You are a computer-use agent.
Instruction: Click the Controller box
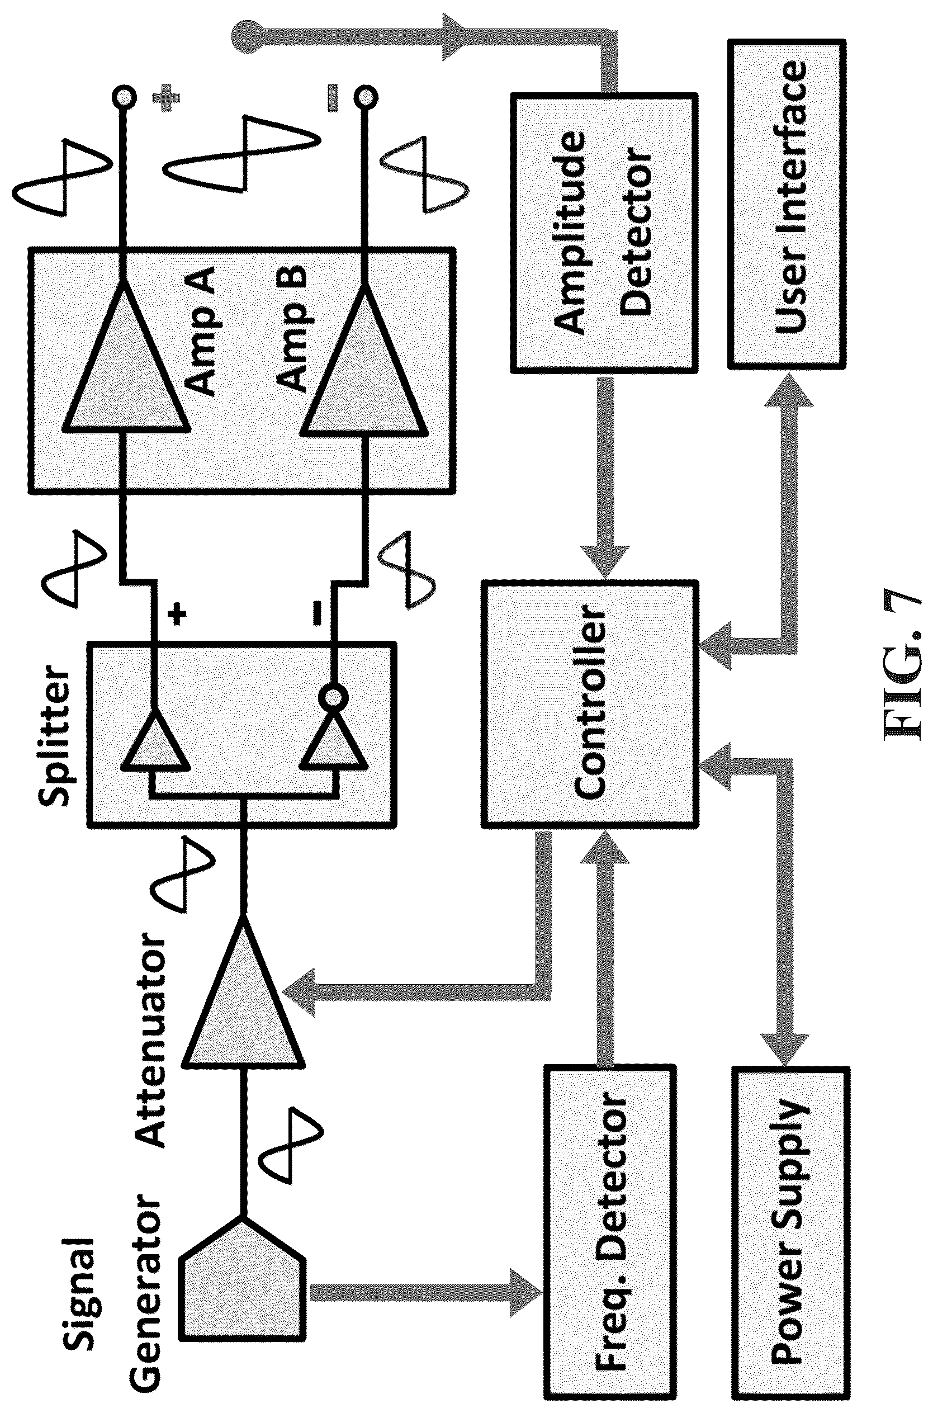pos(590,705)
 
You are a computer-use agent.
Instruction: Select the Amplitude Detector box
pos(604,233)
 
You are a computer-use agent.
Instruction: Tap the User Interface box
pos(787,204)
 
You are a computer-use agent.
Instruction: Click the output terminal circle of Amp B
pos(364,95)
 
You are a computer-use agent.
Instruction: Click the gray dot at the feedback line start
pos(248,37)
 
